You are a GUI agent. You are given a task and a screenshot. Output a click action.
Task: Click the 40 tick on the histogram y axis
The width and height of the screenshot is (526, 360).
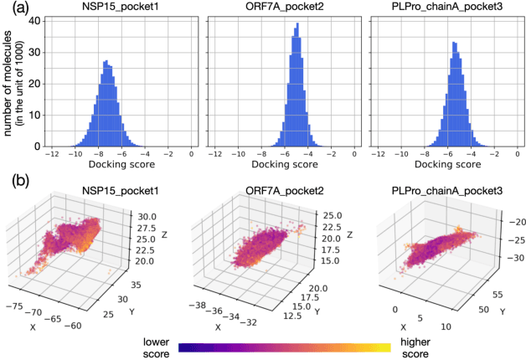click(37, 21)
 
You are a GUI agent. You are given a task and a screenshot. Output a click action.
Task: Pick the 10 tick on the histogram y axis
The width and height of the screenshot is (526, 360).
click(37, 116)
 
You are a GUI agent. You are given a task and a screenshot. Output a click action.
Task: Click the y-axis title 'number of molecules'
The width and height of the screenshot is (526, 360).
click(12, 80)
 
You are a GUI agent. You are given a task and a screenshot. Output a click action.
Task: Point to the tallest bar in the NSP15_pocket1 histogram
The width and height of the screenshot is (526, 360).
click(106, 61)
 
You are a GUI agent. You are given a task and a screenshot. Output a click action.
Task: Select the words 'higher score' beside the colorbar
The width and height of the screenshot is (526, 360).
click(421, 347)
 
